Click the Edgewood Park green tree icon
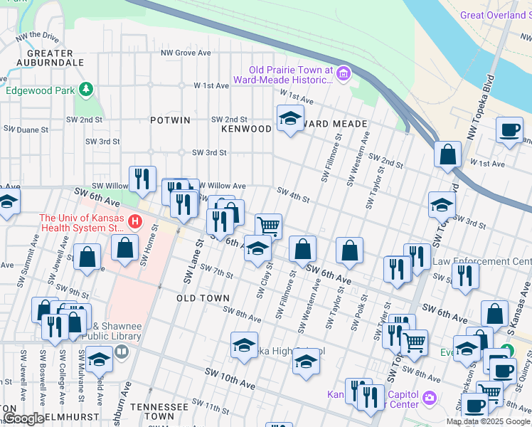86,90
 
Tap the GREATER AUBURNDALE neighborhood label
50,58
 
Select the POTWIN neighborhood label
170,120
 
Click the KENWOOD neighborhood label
246,129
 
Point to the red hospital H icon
134,223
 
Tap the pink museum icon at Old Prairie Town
344,74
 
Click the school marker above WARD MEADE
290,118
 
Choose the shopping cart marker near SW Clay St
268,226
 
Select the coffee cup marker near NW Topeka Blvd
510,131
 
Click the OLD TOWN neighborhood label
203,298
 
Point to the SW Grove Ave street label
186,53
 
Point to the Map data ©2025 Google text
488,421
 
